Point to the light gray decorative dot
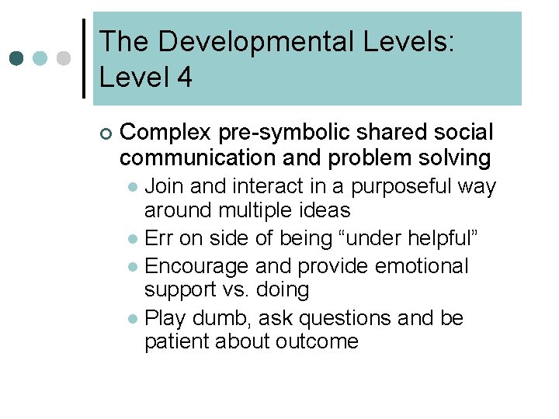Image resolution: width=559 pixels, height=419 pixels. coord(64,58)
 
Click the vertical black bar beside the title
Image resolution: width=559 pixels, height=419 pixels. coord(85,58)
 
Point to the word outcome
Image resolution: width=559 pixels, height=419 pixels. coord(316,342)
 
